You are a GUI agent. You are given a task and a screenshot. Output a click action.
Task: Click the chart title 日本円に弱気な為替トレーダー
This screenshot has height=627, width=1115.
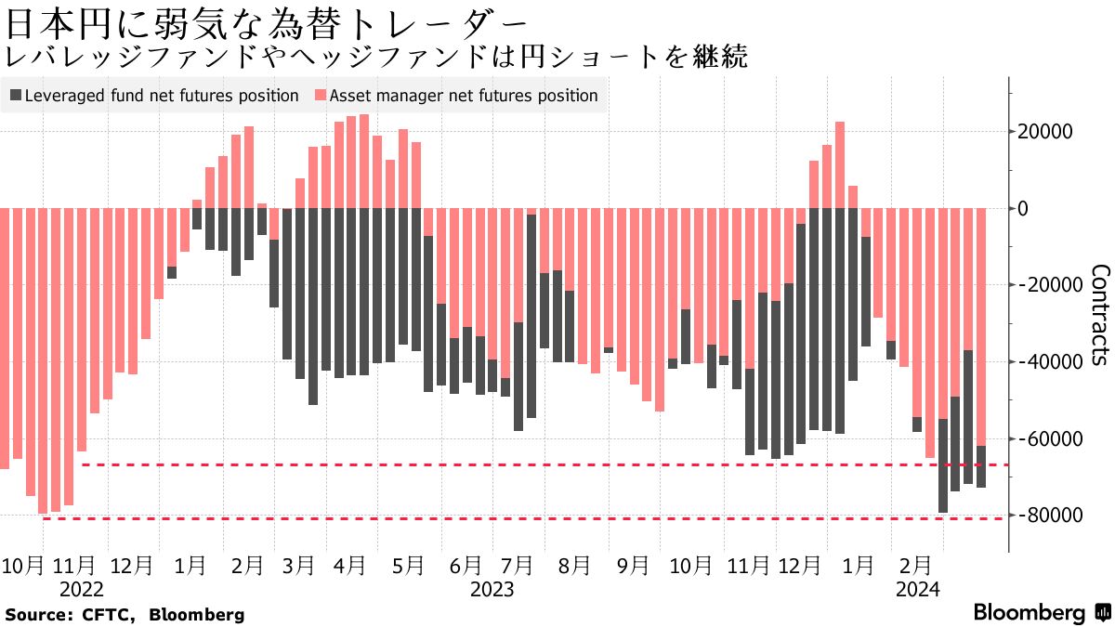pyautogui.click(x=269, y=20)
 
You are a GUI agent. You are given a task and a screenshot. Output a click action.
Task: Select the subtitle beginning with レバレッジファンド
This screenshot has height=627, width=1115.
pyautogui.click(x=376, y=58)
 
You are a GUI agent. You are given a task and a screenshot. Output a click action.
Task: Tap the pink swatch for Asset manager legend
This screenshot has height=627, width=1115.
pyautogui.click(x=321, y=96)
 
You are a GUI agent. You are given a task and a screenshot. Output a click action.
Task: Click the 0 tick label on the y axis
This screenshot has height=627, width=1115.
pyautogui.click(x=1023, y=208)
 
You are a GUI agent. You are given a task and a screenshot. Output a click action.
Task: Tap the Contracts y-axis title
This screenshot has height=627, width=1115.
pyautogui.click(x=1099, y=316)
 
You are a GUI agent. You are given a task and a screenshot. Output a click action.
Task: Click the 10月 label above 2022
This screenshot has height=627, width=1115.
pyautogui.click(x=23, y=565)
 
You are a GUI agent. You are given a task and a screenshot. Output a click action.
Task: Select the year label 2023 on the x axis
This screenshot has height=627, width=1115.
pyautogui.click(x=492, y=589)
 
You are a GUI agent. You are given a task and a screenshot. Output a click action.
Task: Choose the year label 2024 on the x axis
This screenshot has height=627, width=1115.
pyautogui.click(x=917, y=589)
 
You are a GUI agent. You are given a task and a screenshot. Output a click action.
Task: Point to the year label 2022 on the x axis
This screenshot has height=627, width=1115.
pyautogui.click(x=81, y=589)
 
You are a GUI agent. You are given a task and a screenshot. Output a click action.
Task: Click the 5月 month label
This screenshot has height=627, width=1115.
pyautogui.click(x=409, y=565)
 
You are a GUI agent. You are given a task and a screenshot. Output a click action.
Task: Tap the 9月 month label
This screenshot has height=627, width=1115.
pyautogui.click(x=633, y=565)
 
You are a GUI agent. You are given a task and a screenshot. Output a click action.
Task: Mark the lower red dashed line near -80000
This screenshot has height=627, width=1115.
pyautogui.click(x=520, y=518)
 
